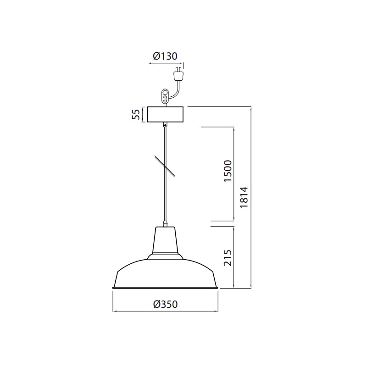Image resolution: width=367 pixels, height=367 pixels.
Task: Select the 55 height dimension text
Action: pos(136,115)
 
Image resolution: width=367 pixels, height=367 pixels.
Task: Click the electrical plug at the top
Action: pos(178,74)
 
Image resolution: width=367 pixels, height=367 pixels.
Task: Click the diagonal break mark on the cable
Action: pos(165,165)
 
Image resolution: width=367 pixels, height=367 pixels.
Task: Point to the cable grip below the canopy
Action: pos(165,124)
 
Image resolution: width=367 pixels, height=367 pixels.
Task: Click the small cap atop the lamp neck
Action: pos(165,225)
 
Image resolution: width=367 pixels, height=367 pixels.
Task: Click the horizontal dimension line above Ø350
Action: pos(165,311)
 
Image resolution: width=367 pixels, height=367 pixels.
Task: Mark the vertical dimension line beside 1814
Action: pos(251,197)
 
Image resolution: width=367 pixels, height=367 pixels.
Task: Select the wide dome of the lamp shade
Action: pos(165,273)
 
